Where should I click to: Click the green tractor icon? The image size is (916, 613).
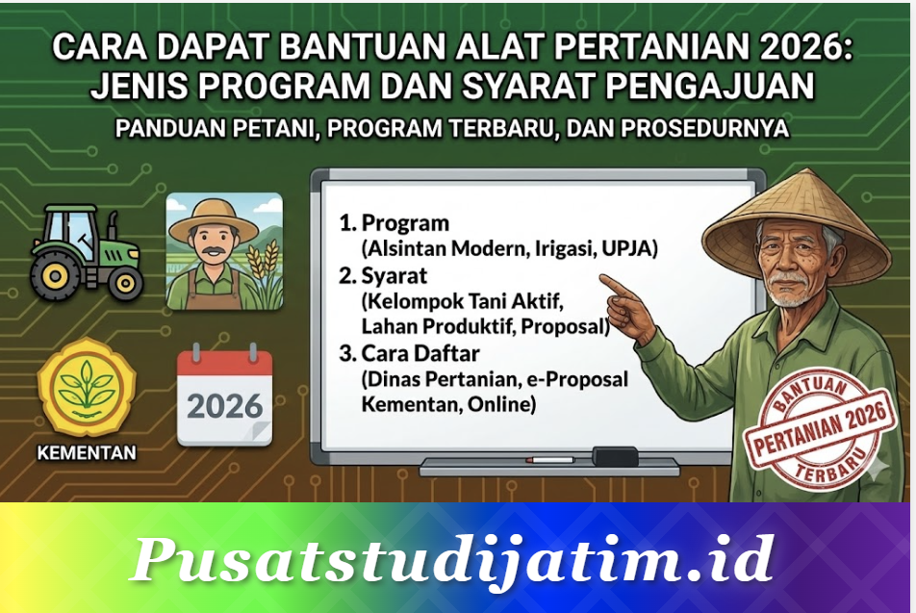pos(88,252)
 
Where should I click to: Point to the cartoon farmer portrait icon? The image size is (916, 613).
pos(224,251)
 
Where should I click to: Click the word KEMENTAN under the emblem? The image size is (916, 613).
pos(86,452)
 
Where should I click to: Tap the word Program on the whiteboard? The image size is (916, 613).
pos(405,224)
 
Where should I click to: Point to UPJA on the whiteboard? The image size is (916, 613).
pos(628,249)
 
